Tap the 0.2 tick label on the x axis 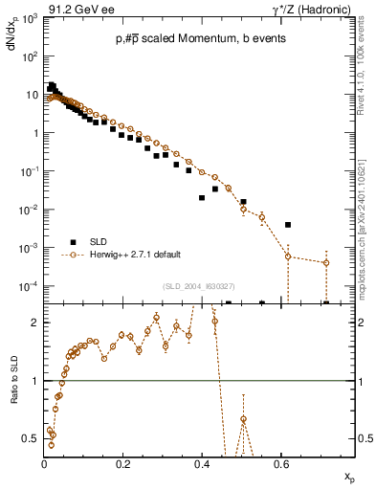122,463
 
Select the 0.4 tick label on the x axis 201,463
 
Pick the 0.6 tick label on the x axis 279,463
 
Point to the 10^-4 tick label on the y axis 29,286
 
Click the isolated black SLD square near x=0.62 288,225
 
